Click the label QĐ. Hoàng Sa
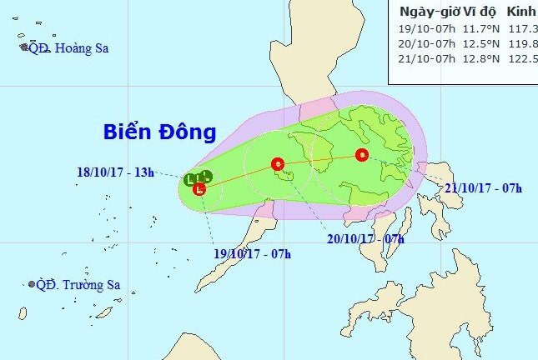pyautogui.click(x=68, y=48)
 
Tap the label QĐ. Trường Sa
pyautogui.click(x=78, y=285)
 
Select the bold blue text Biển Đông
pyautogui.click(x=160, y=132)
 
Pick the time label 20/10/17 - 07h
pyautogui.click(x=365, y=239)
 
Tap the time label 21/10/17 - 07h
pyautogui.click(x=483, y=188)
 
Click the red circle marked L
pyautogui.click(x=199, y=189)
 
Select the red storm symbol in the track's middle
pyautogui.click(x=278, y=163)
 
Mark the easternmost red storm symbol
pyautogui.click(x=361, y=154)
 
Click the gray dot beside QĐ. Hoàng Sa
pyautogui.click(x=24, y=47)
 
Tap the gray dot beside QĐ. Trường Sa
pyautogui.click(x=32, y=285)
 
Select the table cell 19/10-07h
pyautogui.click(x=427, y=30)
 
